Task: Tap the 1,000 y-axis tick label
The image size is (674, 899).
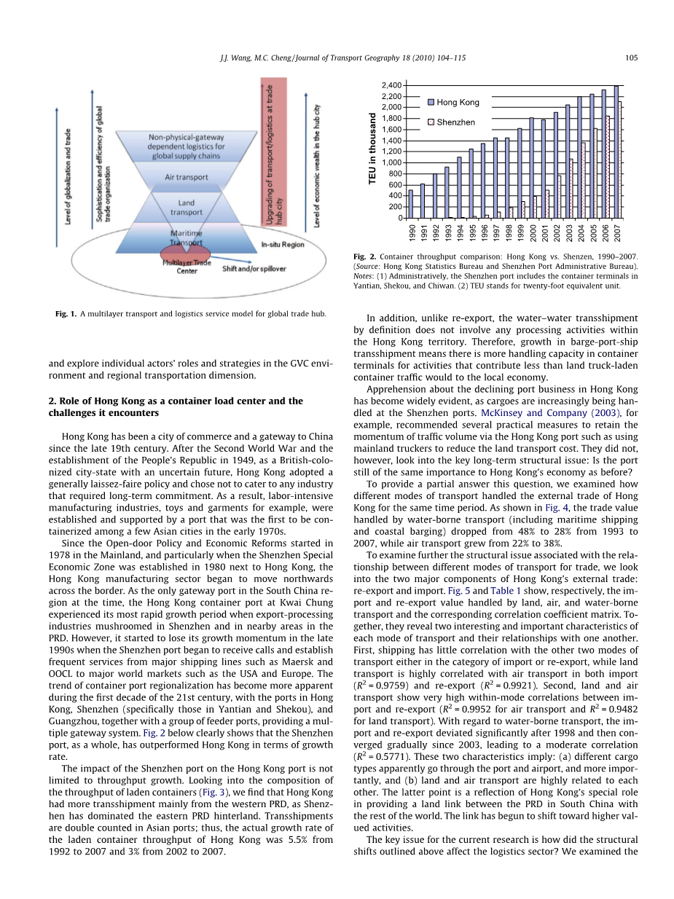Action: coord(391,162)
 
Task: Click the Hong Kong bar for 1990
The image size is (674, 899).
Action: coord(410,204)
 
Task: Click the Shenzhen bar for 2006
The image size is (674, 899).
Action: coord(608,167)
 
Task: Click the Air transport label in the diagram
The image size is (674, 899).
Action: coord(187,177)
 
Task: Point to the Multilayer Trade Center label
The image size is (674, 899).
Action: coord(187,266)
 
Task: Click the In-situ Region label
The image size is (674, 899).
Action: coord(282,245)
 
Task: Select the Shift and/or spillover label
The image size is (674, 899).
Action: coord(254,269)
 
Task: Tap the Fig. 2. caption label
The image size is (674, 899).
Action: coord(364,257)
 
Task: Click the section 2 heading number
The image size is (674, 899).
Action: coord(52,401)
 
